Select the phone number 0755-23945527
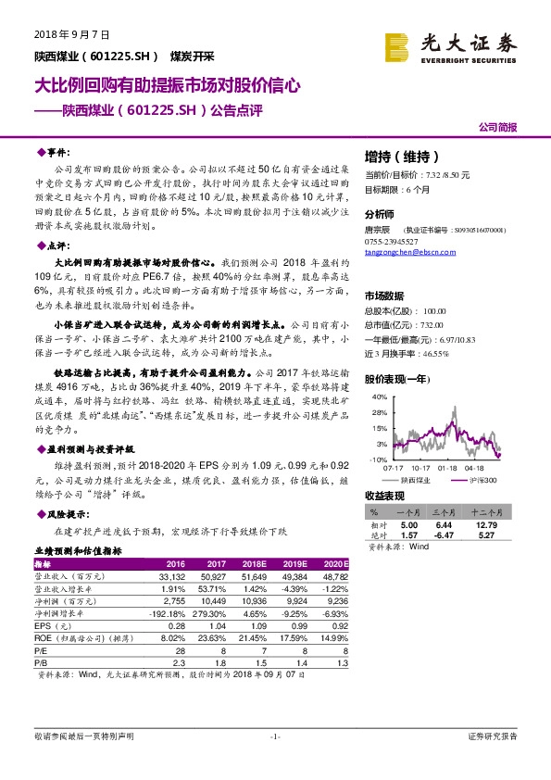pyautogui.click(x=393, y=240)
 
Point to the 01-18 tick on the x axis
pyautogui.click(x=448, y=469)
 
